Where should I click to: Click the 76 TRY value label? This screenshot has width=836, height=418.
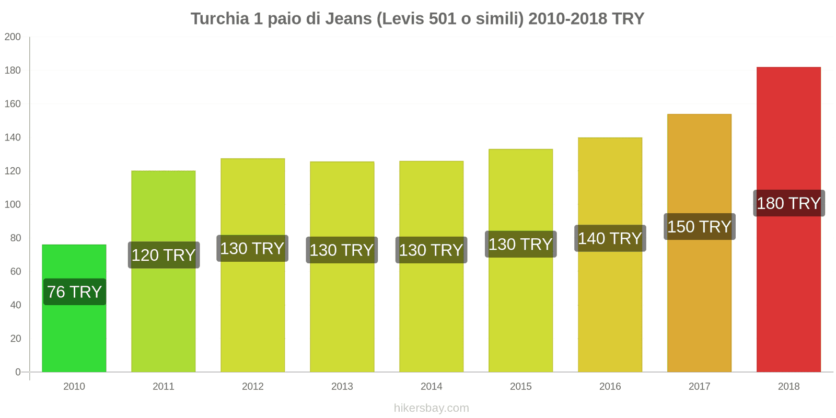pos(75,292)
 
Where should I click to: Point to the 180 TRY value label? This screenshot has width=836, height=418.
pos(789,203)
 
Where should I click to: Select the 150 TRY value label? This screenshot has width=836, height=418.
pos(700,227)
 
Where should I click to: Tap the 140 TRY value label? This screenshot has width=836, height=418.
pos(610,238)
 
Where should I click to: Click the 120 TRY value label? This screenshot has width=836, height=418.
pos(164,255)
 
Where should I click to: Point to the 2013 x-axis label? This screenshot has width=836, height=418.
pos(342,387)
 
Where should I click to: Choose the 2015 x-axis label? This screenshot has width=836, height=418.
pos(521,387)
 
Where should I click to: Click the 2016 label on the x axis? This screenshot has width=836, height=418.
pos(610,387)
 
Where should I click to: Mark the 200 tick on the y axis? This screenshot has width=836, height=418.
pos(13,37)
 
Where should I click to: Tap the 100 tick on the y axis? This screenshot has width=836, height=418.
pos(13,204)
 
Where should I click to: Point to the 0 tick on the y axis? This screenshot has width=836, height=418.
pos(18,372)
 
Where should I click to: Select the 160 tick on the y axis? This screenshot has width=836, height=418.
pos(13,103)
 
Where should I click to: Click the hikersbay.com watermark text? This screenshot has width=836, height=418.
pos(432,408)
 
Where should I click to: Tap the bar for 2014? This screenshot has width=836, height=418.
pos(432,313)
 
